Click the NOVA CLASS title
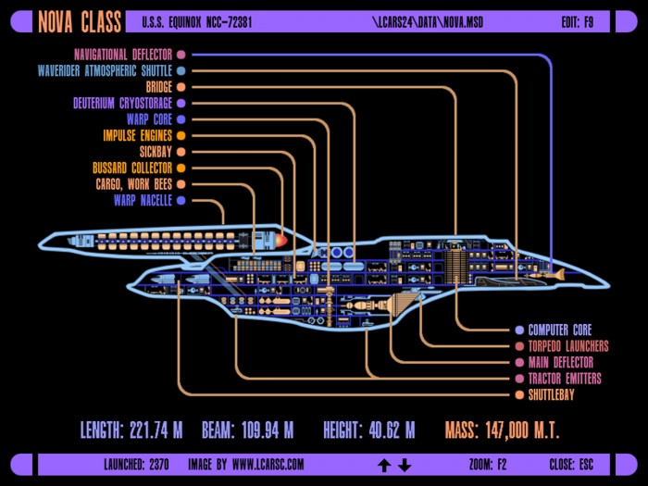click(80, 21)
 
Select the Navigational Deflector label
click(123, 55)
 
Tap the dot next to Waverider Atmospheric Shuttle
click(181, 70)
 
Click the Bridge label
click(158, 87)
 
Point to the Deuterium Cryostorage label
click(123, 103)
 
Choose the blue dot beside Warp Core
click(181, 119)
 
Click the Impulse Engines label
click(138, 135)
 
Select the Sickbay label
click(156, 152)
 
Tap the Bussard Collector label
click(132, 168)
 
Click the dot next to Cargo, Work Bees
click(181, 184)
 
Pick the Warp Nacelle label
click(143, 201)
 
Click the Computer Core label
click(560, 330)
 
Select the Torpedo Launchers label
click(568, 346)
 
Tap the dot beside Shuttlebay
click(519, 394)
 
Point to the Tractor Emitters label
click(565, 379)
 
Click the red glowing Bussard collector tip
click(281, 241)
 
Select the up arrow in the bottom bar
click(384, 465)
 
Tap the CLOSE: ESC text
click(571, 465)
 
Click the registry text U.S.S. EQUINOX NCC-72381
click(197, 22)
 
